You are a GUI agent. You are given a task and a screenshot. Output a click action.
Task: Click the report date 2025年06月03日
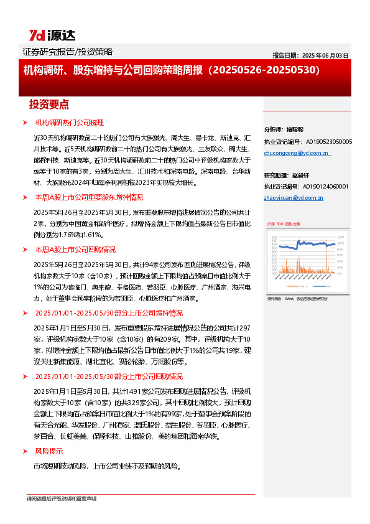coord(310,55)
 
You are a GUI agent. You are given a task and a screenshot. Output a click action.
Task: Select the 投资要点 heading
coord(49,104)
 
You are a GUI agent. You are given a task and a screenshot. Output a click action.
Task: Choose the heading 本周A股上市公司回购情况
coord(75,250)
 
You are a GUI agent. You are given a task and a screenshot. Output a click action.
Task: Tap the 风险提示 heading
coord(49,451)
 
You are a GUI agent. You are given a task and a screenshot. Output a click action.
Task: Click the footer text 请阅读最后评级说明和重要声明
coord(61,498)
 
